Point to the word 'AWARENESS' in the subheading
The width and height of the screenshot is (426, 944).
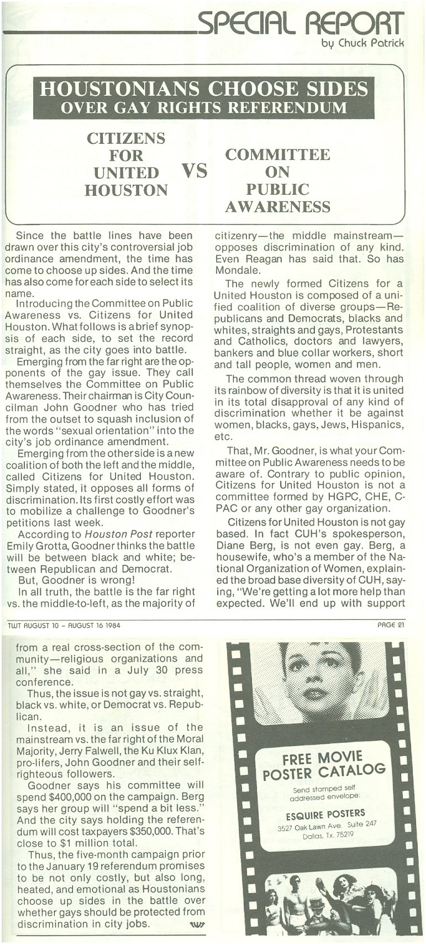(x=277, y=207)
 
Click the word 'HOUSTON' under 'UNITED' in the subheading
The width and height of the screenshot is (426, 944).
(x=126, y=191)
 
